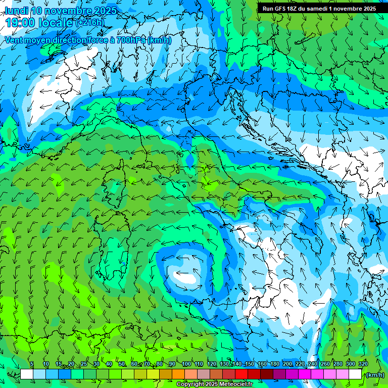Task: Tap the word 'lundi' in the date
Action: pyautogui.click(x=16, y=11)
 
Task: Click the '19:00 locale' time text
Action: pyautogui.click(x=38, y=23)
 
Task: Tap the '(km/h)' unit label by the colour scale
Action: pyautogui.click(x=375, y=374)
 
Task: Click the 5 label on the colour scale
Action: pyautogui.click(x=31, y=364)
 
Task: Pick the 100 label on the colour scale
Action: pyautogui.click(x=186, y=364)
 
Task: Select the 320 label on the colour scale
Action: pyautogui.click(x=363, y=364)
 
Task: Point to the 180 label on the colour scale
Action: pyautogui.click(x=274, y=364)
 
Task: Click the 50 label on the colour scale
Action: pyautogui.click(x=122, y=364)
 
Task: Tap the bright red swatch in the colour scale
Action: pyautogui.click(x=241, y=374)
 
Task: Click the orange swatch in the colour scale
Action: pyautogui.click(x=178, y=374)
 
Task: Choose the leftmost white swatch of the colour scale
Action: pyautogui.click(x=27, y=374)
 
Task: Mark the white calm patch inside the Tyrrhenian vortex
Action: pyautogui.click(x=184, y=277)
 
